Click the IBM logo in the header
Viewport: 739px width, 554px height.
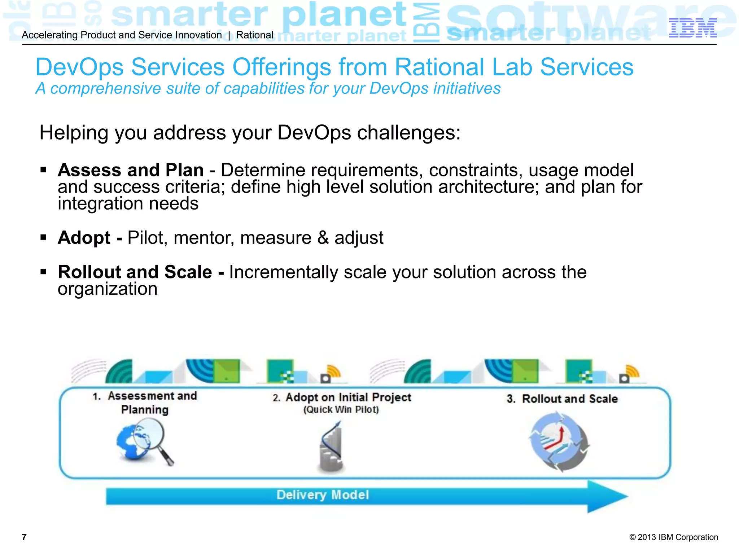[x=692, y=28]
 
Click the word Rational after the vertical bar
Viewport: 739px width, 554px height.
[x=255, y=35]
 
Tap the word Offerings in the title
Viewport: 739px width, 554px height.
[x=281, y=67]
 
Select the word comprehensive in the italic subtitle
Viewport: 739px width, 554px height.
[x=105, y=89]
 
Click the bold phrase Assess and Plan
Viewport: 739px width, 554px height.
[x=131, y=170]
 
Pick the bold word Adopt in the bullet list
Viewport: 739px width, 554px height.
[x=84, y=238]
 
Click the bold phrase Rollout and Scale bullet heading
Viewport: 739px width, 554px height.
[x=135, y=272]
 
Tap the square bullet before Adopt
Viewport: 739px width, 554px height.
[x=44, y=237]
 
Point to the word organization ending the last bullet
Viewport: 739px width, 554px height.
[x=108, y=289]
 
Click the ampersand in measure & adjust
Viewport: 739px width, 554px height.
[x=323, y=238]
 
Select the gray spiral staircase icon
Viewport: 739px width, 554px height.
[x=331, y=447]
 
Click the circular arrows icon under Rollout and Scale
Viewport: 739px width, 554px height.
[x=559, y=442]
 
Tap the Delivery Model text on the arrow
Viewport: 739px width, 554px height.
[x=323, y=495]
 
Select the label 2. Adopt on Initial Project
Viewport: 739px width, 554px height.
[x=342, y=397]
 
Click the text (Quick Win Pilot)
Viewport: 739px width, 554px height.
[x=341, y=410]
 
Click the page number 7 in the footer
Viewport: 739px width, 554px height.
[x=24, y=537]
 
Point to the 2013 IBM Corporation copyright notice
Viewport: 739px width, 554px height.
[x=673, y=537]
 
